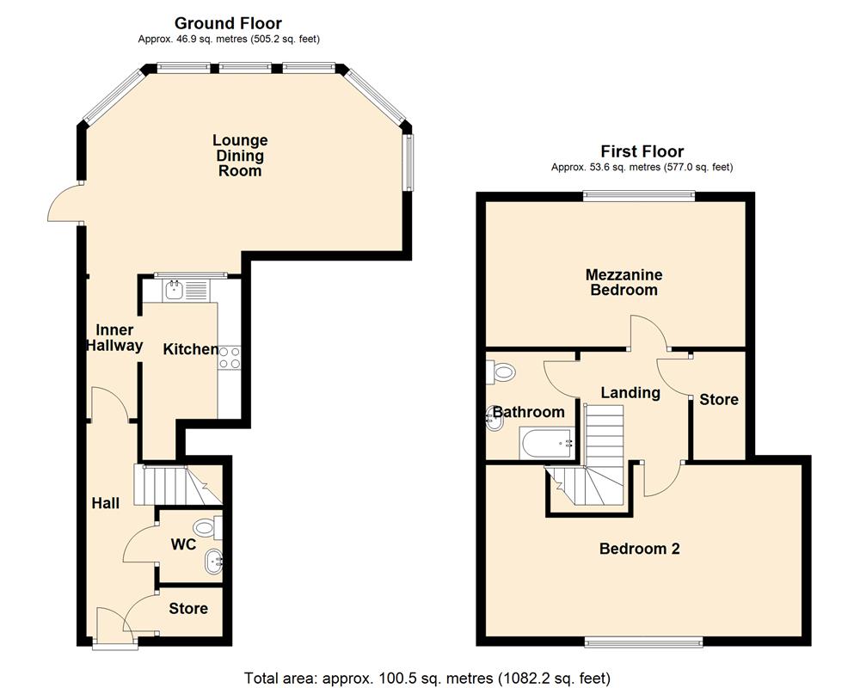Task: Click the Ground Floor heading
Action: coord(228,23)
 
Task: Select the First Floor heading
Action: coord(642,151)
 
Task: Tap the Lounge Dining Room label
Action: coord(240,156)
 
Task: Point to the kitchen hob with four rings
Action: coord(230,357)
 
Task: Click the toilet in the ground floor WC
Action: coord(206,526)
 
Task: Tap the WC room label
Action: coord(183,545)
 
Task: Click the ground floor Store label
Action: coord(187,609)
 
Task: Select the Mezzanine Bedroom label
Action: coord(623,282)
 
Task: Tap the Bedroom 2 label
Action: coord(639,549)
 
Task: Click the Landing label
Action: coord(630,393)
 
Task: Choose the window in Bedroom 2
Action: coord(642,641)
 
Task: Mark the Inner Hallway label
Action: coord(114,338)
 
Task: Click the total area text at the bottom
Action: coord(427,678)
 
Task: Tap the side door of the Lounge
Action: coord(62,203)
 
